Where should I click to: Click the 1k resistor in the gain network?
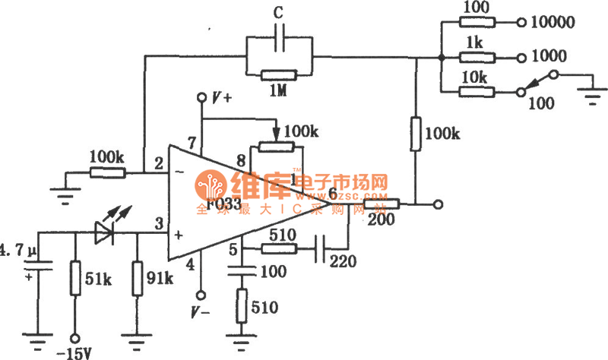pyautogui.click(x=477, y=57)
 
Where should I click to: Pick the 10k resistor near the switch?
pyautogui.click(x=477, y=92)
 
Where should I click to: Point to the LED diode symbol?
pyautogui.click(x=104, y=232)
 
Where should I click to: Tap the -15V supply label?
pyautogui.click(x=74, y=351)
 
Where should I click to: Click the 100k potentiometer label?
pyautogui.click(x=303, y=131)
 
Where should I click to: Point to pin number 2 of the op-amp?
pyautogui.click(x=158, y=163)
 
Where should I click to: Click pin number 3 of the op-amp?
pyautogui.click(x=158, y=223)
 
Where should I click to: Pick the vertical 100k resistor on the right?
pyautogui.click(x=416, y=134)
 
